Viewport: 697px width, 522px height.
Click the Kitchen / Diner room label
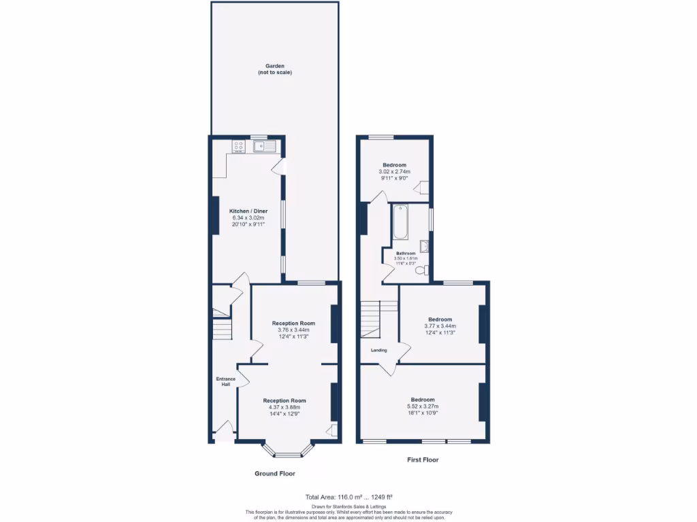click(246, 211)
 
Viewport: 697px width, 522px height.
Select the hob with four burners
click(238, 145)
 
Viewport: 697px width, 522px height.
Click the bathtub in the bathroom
click(400, 222)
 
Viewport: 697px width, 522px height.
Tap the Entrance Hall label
click(225, 381)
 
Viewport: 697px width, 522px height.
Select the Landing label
click(378, 350)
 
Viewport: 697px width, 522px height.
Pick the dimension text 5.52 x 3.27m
click(423, 406)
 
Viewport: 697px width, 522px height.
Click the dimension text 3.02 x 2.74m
click(395, 172)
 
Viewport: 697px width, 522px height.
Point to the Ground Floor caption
click(275, 473)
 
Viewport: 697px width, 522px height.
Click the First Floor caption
click(423, 459)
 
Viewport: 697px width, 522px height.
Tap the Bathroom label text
click(406, 254)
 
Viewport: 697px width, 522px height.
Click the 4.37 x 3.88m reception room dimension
click(285, 407)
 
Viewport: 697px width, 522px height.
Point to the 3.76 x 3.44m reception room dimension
click(293, 330)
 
